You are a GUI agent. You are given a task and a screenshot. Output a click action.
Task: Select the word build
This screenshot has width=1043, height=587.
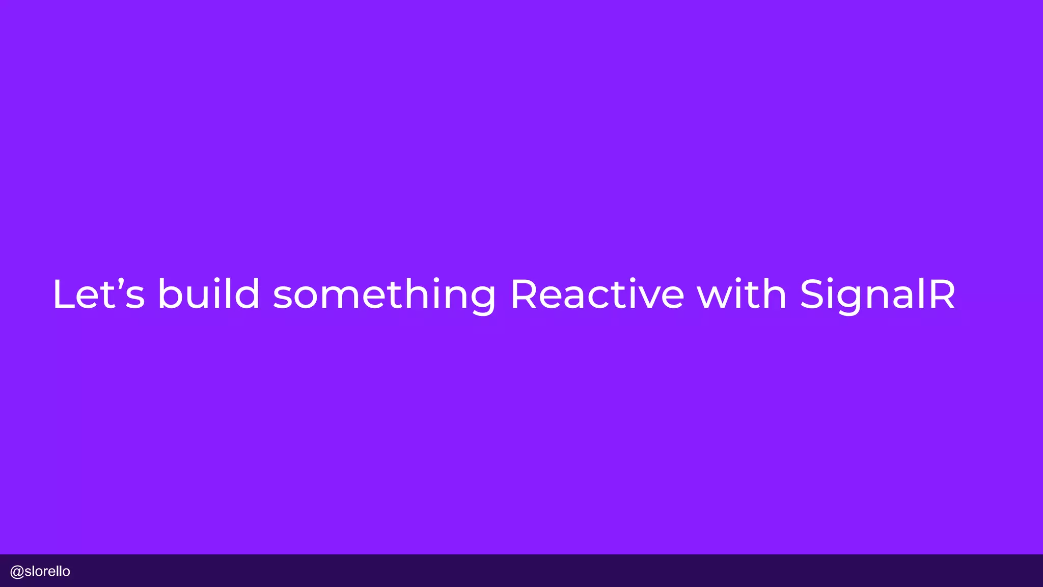[x=209, y=294]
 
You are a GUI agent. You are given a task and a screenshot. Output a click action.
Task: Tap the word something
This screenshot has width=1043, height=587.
[x=385, y=296]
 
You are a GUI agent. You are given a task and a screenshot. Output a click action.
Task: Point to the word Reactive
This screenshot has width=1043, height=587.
[x=597, y=294]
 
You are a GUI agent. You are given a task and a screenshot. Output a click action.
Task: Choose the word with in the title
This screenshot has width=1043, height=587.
[x=742, y=294]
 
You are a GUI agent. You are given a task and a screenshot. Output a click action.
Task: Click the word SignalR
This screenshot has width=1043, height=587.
[x=877, y=296]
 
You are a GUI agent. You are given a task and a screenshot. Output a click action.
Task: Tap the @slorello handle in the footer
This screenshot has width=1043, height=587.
[x=40, y=571]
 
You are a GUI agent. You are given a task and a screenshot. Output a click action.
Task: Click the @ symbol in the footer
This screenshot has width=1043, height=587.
[x=17, y=572]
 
